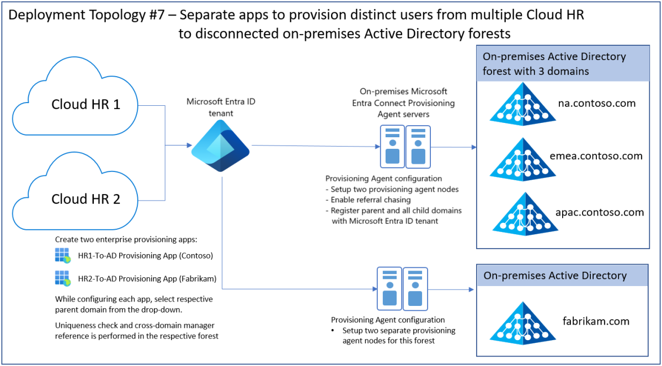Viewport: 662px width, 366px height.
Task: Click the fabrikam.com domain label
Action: click(x=596, y=321)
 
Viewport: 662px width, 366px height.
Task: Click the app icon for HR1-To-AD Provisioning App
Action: click(x=62, y=256)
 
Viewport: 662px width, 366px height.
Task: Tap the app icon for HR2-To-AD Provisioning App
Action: click(x=62, y=278)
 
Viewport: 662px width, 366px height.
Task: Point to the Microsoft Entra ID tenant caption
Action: click(x=221, y=107)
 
